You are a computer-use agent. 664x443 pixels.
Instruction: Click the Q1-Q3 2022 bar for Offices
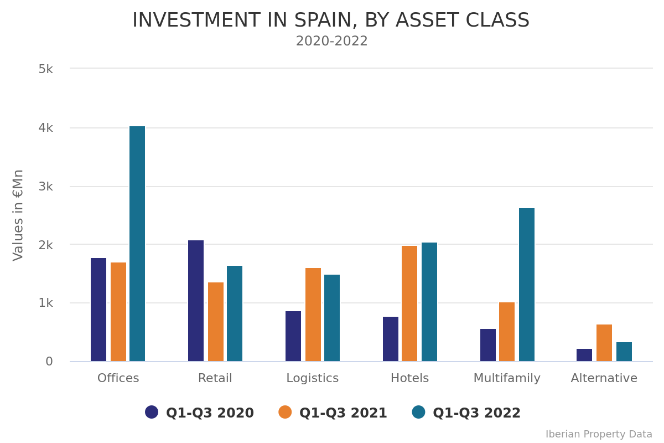(x=137, y=244)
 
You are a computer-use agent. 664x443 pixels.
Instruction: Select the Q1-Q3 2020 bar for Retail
(x=196, y=301)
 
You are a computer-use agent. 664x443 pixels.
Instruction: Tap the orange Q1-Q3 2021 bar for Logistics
(x=313, y=315)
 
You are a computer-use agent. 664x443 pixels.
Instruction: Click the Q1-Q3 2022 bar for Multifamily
(x=527, y=285)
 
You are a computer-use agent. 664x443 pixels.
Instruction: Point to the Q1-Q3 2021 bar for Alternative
(x=604, y=343)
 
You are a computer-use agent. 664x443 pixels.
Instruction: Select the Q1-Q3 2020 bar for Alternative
(x=584, y=355)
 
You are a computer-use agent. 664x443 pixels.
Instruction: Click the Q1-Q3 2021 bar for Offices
(x=118, y=312)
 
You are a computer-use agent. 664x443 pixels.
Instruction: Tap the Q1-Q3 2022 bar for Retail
(x=235, y=313)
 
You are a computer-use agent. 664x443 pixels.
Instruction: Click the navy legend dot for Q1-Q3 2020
(x=152, y=412)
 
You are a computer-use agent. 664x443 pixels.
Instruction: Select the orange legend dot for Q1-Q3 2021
(x=285, y=412)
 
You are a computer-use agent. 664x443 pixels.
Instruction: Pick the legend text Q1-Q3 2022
(x=476, y=413)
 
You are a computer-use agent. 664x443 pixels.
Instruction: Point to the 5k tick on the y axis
(x=46, y=69)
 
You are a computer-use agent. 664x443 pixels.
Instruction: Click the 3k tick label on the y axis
(x=46, y=187)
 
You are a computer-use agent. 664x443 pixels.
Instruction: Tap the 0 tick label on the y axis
(x=49, y=362)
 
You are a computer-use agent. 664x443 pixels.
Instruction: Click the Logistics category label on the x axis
(x=312, y=378)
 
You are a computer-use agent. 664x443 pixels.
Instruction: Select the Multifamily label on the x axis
(x=507, y=378)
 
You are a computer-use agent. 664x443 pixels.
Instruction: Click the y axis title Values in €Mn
(x=18, y=215)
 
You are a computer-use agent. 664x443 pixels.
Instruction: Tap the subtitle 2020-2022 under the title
(x=331, y=42)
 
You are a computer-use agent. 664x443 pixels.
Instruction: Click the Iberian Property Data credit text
(x=599, y=434)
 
